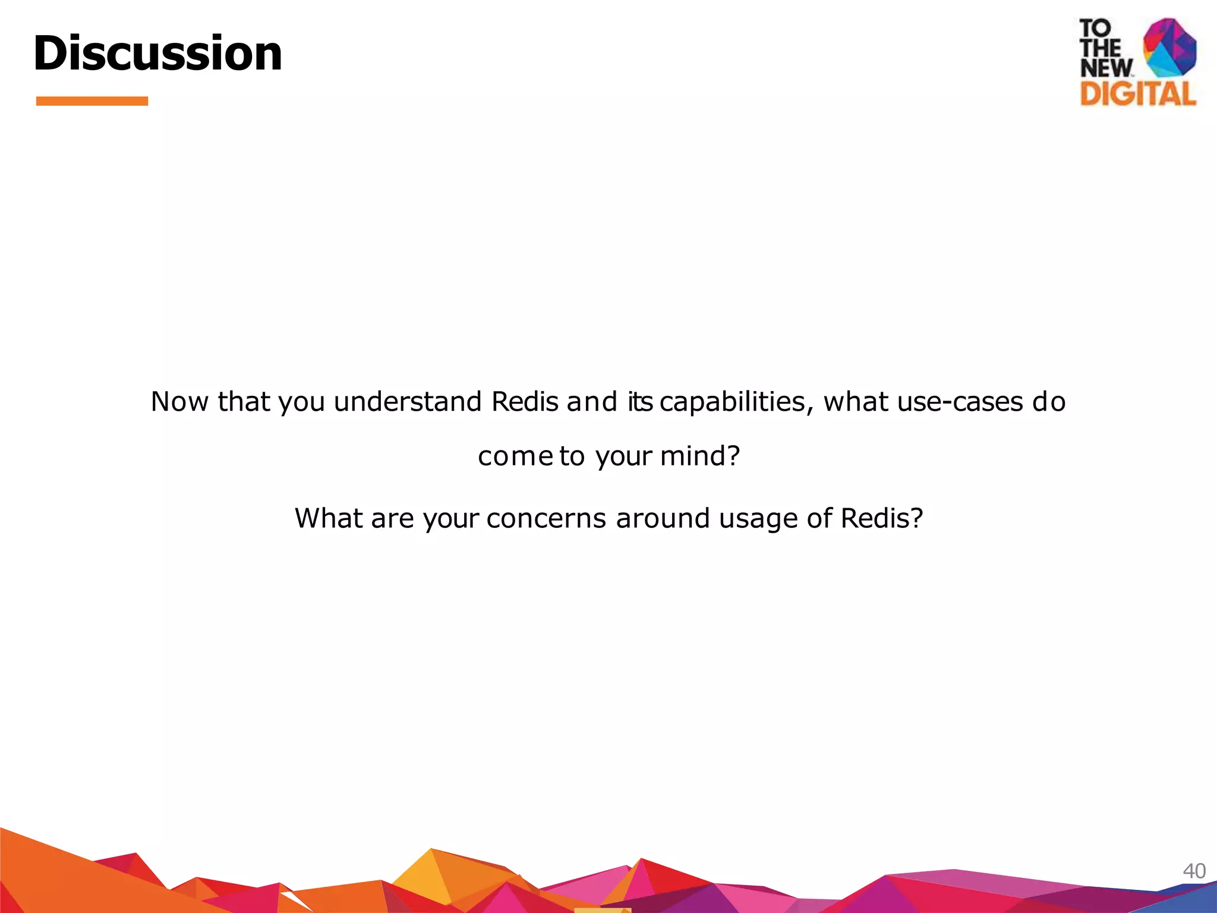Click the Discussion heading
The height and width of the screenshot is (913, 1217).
point(157,53)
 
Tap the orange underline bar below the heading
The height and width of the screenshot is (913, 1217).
point(92,101)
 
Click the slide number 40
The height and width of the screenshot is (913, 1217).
point(1194,871)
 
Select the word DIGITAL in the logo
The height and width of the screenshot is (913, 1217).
point(1137,94)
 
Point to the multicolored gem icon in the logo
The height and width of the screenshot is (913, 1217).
point(1169,48)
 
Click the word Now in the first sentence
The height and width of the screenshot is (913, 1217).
point(179,402)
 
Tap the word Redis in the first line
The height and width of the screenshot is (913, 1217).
point(525,402)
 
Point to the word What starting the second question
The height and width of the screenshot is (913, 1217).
point(329,518)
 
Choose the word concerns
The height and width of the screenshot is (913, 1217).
point(546,518)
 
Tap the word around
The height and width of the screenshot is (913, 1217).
point(663,518)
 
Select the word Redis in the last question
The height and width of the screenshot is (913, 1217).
point(881,518)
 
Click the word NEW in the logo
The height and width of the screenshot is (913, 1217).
point(1105,68)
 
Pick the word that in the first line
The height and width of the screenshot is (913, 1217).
point(244,402)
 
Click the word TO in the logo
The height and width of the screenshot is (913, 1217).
point(1095,28)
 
